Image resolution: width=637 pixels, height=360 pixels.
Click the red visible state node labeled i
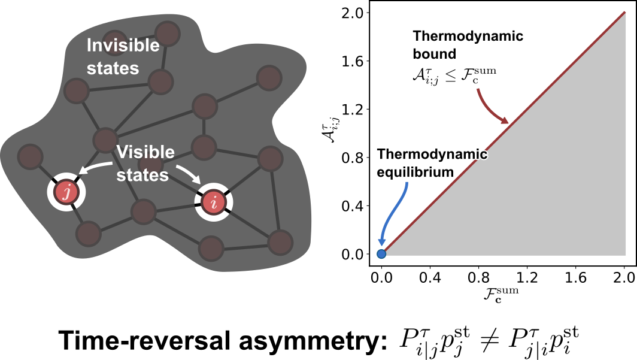coord(213,202)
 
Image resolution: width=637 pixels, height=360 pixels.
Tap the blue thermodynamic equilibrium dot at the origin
coord(381,253)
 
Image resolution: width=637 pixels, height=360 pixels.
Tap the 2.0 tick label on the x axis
coord(624,277)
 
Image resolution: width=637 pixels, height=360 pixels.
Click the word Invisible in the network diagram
coord(123,46)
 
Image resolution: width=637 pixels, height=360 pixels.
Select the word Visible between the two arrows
coord(145,152)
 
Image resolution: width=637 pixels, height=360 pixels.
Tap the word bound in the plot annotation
coord(434,54)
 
